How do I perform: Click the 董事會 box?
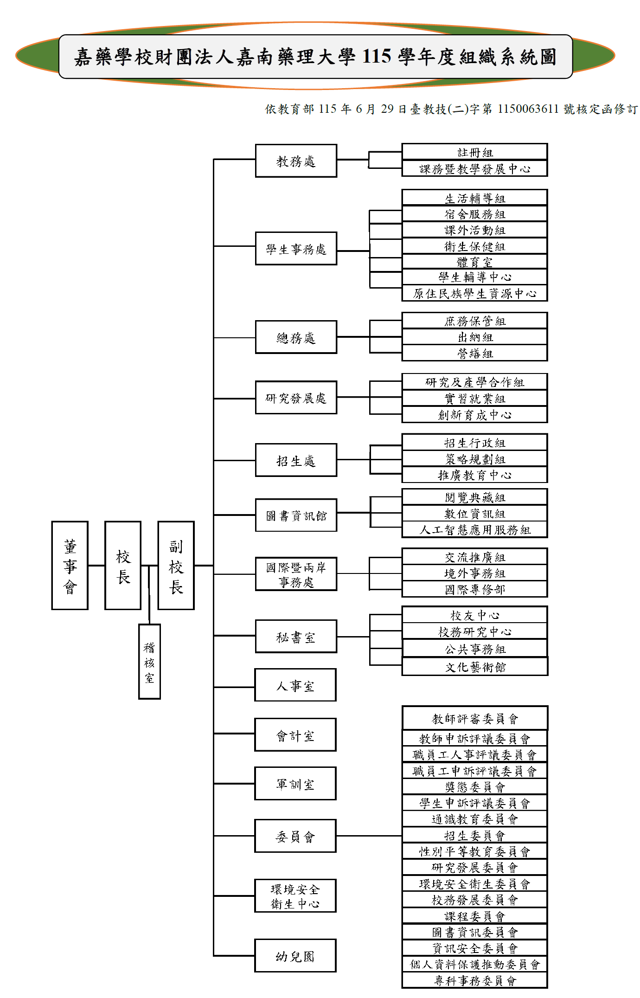70,565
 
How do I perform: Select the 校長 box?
123,565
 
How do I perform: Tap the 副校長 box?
176,565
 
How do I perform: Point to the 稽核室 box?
149,661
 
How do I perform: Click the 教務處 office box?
296,161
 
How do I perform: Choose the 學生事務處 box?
296,249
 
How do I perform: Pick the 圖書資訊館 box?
296,515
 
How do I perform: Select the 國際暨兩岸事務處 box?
296,574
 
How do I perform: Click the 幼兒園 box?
295,955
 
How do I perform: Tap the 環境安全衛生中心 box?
295,895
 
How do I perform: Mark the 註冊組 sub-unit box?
475,152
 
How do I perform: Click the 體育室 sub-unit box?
475,262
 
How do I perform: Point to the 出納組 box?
475,337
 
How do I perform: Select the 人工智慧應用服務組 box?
475,529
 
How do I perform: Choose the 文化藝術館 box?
475,667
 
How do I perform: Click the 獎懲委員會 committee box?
475,787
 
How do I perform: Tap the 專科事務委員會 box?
475,980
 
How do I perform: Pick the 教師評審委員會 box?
475,718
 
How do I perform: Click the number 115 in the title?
377,57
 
